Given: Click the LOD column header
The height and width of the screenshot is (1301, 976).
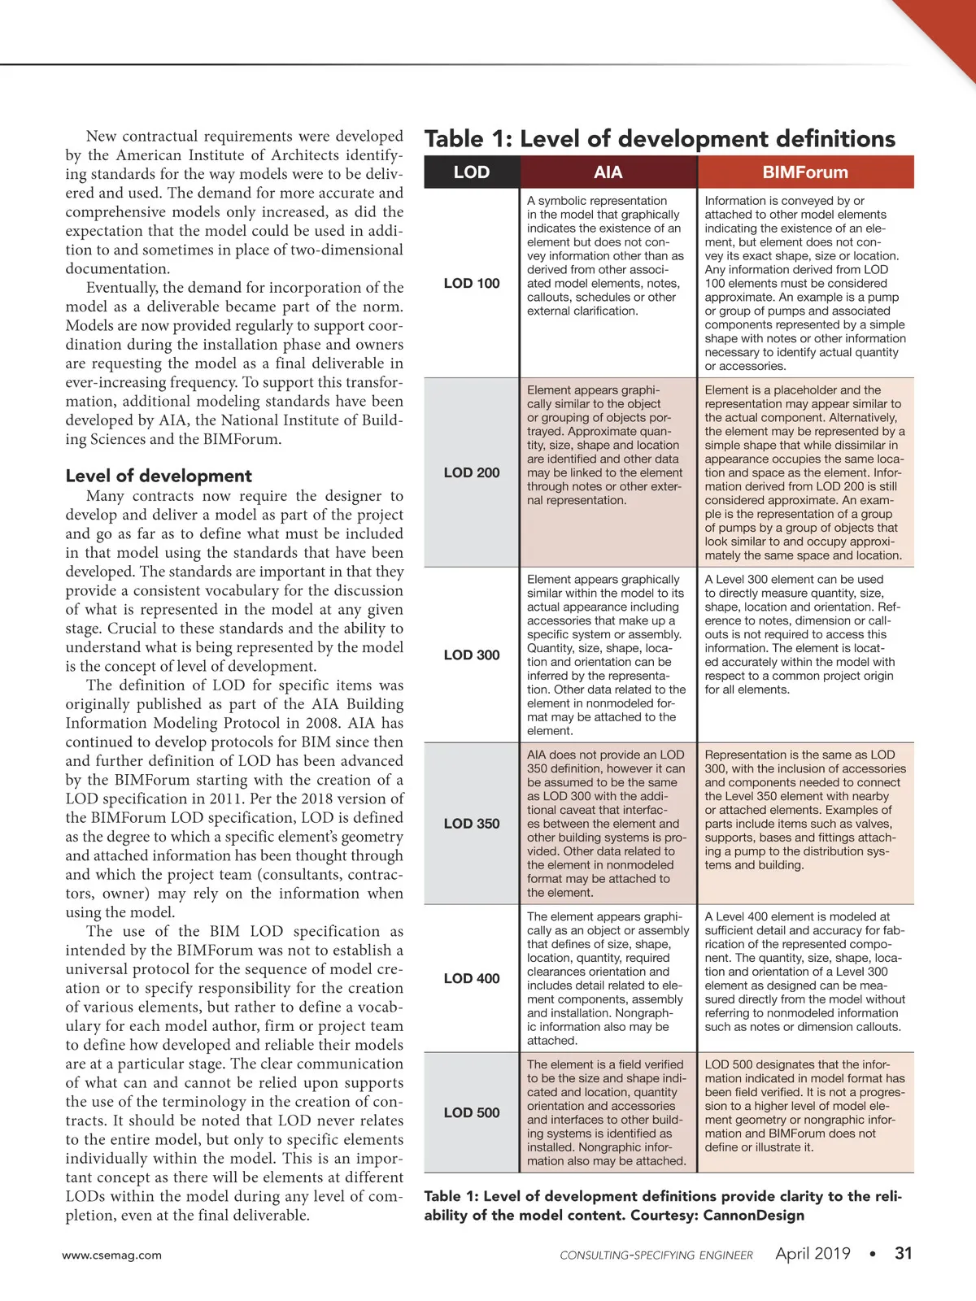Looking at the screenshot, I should [x=472, y=172].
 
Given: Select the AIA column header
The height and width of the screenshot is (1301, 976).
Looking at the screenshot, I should [x=608, y=172].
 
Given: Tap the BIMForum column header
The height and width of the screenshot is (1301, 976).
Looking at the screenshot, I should [x=805, y=172].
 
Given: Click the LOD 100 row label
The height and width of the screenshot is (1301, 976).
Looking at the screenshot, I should [x=472, y=283].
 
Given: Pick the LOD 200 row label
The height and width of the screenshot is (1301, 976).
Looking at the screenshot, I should [x=472, y=472].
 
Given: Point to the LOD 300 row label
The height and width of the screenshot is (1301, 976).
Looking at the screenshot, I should [x=472, y=655].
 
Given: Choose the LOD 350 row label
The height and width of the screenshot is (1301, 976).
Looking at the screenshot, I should [x=472, y=823].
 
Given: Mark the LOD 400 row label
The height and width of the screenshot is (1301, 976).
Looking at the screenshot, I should [x=472, y=978].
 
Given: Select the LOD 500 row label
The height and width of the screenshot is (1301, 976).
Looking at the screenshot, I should [x=472, y=1112].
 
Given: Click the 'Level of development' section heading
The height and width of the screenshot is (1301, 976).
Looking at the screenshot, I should [x=159, y=476].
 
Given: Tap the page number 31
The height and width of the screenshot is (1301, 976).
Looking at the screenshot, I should [x=904, y=1253].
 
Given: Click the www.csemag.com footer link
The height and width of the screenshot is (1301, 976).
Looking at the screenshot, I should [x=112, y=1255].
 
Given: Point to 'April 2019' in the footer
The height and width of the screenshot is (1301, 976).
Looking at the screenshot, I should [x=813, y=1254].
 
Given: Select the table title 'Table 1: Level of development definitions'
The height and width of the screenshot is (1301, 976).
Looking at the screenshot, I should [x=660, y=138].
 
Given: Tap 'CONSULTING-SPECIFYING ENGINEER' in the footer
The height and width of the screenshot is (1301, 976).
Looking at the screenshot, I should [x=656, y=1255].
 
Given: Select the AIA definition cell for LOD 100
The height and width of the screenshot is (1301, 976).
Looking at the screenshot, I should [x=607, y=256].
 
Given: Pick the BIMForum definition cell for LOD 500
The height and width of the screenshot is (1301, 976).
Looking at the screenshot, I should [x=805, y=1106].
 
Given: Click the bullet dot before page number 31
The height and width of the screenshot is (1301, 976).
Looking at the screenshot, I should [x=873, y=1254].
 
